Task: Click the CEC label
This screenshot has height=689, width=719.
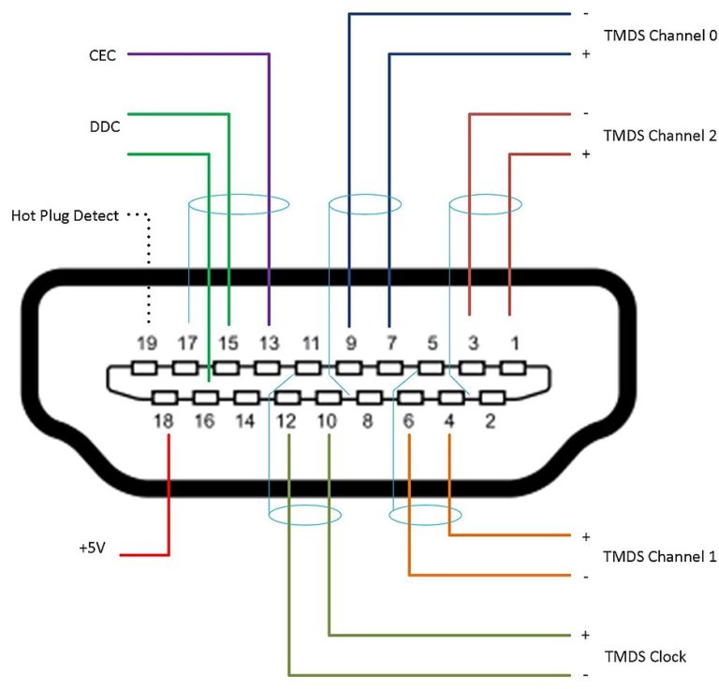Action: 101,54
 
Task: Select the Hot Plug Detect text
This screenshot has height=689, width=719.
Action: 65,216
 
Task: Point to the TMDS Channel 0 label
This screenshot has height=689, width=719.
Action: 660,37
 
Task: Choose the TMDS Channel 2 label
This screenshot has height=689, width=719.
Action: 660,135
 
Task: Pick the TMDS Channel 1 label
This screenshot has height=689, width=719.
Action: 660,557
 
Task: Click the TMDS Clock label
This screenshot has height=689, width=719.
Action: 645,656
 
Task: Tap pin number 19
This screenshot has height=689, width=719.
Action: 146,343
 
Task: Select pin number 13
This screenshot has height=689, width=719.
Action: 269,343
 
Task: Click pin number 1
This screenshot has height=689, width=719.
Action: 511,343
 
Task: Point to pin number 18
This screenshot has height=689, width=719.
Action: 164,421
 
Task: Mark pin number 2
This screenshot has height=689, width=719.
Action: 490,421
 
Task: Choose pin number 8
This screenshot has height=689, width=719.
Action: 368,421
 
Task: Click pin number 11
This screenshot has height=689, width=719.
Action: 310,343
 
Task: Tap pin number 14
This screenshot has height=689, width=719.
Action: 245,421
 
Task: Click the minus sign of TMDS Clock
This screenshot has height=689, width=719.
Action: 585,675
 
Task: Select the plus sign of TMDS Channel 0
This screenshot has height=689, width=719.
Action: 585,54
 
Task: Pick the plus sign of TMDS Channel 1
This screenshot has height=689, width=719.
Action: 585,536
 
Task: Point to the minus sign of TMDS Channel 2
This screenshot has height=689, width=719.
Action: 585,113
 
